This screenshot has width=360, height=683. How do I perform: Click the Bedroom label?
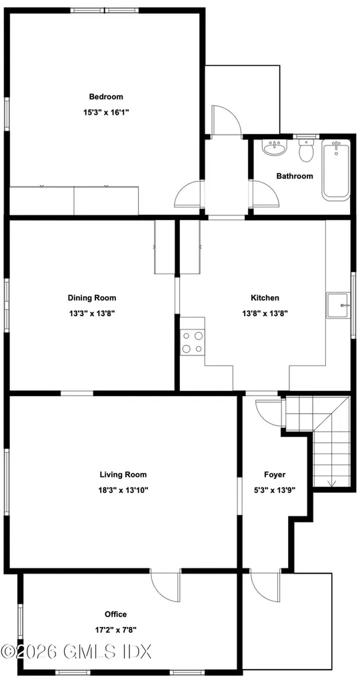pyautogui.click(x=106, y=97)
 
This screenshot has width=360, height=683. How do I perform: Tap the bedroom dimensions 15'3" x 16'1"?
pyautogui.click(x=106, y=112)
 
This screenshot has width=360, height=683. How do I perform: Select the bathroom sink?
pyautogui.click(x=274, y=147)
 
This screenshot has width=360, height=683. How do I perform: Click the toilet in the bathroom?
pyautogui.click(x=307, y=150)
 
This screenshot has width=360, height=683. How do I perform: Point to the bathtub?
pyautogui.click(x=335, y=170)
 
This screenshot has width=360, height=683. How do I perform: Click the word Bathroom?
pyautogui.click(x=295, y=176)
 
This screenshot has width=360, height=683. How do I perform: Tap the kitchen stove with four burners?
pyautogui.click(x=193, y=342)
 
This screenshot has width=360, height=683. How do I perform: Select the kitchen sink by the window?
pyautogui.click(x=338, y=305)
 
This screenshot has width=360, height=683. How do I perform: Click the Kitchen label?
pyautogui.click(x=265, y=298)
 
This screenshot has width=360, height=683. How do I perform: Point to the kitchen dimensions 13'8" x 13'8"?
pyautogui.click(x=265, y=313)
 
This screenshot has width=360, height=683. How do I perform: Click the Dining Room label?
pyautogui.click(x=92, y=298)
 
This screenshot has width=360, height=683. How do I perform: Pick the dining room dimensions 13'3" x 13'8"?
pyautogui.click(x=92, y=313)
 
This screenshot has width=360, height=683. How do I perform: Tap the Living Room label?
pyautogui.click(x=123, y=474)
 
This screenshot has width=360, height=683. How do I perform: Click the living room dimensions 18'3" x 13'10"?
pyautogui.click(x=123, y=490)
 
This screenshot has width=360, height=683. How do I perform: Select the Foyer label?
pyautogui.click(x=275, y=474)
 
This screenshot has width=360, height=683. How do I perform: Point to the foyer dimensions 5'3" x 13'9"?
pyautogui.click(x=275, y=490)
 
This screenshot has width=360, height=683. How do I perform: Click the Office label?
pyautogui.click(x=116, y=614)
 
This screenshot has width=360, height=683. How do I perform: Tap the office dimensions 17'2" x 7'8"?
pyautogui.click(x=116, y=629)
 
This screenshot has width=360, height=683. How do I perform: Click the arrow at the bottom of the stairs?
pyautogui.click(x=332, y=483)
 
